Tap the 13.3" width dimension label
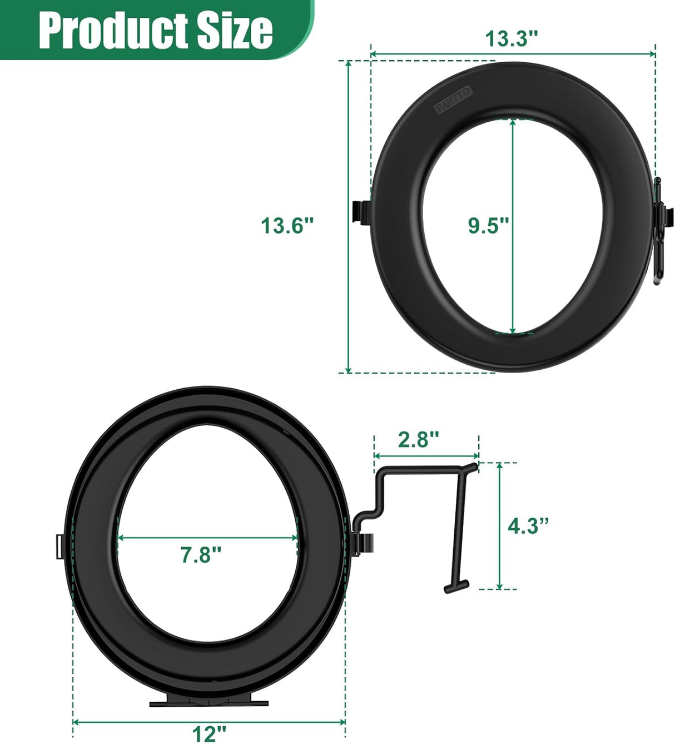(512, 39)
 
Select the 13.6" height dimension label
(287, 226)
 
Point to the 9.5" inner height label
(488, 226)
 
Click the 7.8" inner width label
(201, 554)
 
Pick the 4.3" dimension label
(528, 525)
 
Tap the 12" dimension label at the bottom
(209, 733)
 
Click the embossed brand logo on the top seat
(454, 100)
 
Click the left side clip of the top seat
(361, 212)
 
